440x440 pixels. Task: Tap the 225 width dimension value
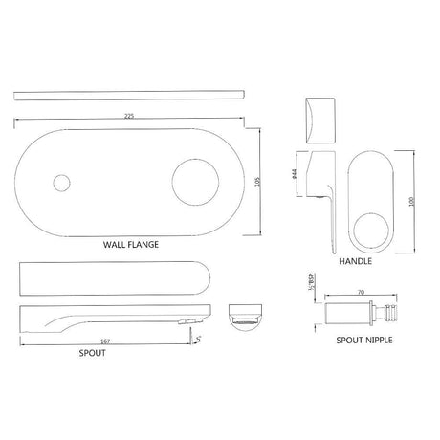tap(128, 114)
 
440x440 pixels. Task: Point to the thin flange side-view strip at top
tap(130, 96)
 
